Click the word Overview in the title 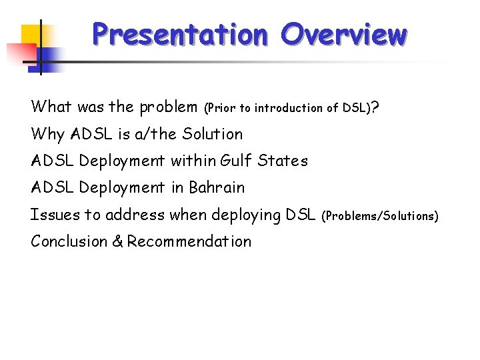[x=343, y=34]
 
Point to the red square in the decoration [x=19, y=52]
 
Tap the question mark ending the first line [x=377, y=107]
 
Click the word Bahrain [x=217, y=188]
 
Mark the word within [x=193, y=161]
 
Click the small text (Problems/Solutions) [x=380, y=216]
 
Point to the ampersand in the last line [x=117, y=241]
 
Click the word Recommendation [x=189, y=241]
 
